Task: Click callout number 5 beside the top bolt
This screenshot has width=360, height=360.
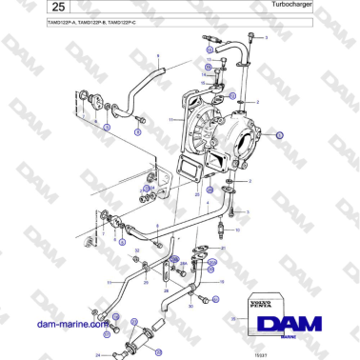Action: (268, 37)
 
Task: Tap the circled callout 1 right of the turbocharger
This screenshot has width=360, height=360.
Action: (280, 135)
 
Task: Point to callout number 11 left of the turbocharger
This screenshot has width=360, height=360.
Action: (170, 120)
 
